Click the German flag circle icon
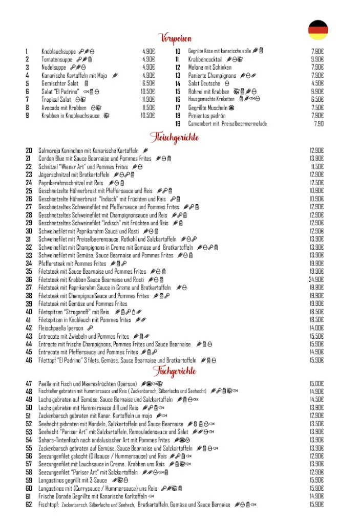[x=317, y=30]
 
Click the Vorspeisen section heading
[x=176, y=37]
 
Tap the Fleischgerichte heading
[x=174, y=137]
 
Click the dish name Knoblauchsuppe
[x=58, y=51]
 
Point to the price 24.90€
[x=316, y=279]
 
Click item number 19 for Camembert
[x=178, y=123]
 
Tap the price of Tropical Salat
[x=148, y=99]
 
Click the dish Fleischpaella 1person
[x=60, y=328]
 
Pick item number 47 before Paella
[x=29, y=383]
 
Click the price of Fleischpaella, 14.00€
[x=316, y=328]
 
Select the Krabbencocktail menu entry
[x=205, y=59]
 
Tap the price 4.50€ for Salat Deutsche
[x=317, y=83]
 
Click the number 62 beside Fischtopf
[x=29, y=505]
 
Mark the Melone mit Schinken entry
[x=209, y=67]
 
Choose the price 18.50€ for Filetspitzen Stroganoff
[x=316, y=312]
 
